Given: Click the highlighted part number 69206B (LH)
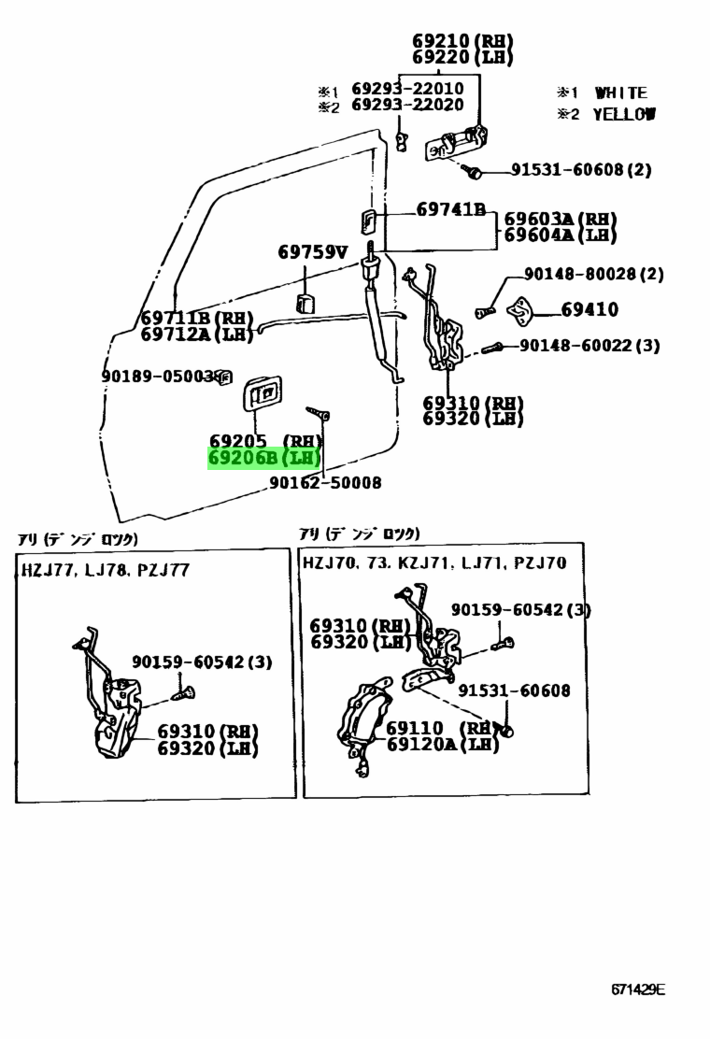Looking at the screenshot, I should (x=263, y=459).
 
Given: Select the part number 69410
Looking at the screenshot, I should (x=589, y=309).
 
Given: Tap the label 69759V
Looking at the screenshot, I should (x=312, y=251).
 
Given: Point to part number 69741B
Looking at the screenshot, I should (x=450, y=210).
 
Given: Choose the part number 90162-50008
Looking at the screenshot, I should (x=325, y=483).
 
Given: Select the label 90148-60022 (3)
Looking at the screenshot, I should (x=589, y=346).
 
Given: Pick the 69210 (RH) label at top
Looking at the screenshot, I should (x=462, y=41).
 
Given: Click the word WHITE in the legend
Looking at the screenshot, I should (x=620, y=93).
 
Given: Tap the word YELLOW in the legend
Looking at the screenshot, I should (x=623, y=114).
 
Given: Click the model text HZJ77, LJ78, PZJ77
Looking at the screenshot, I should (x=106, y=569).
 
